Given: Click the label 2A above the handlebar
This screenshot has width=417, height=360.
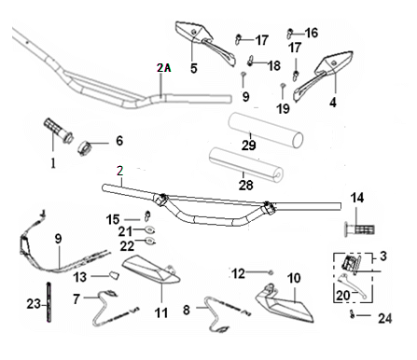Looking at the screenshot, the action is [164, 67].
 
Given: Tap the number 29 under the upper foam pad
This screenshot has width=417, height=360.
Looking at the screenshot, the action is [249, 145].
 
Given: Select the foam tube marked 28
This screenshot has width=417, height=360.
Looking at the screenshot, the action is [245, 164].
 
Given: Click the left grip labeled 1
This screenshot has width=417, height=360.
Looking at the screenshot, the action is [58, 131].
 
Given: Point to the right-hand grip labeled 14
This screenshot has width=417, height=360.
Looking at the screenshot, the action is [359, 229].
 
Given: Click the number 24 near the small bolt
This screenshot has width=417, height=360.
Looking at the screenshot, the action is [385, 319].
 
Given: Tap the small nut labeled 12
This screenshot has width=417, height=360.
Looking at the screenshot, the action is [271, 272].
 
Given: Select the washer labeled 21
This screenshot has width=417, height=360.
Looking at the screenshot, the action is [150, 230].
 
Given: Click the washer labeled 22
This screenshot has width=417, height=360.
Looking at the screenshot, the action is [150, 241].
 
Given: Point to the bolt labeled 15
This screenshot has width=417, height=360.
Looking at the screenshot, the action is [147, 215].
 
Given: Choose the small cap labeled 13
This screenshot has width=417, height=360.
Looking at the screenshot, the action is [114, 275].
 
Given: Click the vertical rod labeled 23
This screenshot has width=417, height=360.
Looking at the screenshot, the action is [49, 302].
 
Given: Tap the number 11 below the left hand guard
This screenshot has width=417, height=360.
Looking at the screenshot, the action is [161, 312].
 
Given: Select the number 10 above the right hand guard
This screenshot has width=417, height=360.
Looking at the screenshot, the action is [294, 278].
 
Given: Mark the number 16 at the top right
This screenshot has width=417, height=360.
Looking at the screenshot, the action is [312, 33].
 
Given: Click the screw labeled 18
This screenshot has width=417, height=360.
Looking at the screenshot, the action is [251, 61].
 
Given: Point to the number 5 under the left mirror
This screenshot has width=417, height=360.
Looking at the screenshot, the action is [194, 68].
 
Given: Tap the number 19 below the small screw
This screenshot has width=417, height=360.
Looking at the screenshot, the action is [283, 109].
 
